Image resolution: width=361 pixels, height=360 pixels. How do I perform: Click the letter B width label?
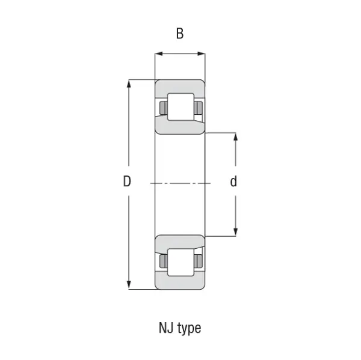[x=179, y=34]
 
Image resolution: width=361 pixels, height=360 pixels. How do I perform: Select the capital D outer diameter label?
[x=127, y=182]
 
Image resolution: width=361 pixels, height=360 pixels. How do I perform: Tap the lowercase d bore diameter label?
[x=233, y=182]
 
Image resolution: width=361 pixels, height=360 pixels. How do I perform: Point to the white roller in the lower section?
[x=180, y=261]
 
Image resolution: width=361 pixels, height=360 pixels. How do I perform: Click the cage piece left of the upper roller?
[x=162, y=108]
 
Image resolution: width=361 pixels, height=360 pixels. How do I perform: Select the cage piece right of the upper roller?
[x=199, y=108]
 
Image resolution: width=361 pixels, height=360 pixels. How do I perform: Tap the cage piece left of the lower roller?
[x=162, y=261]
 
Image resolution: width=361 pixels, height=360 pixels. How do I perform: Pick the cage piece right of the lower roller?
[x=199, y=261]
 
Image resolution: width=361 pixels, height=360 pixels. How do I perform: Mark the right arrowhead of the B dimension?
[x=202, y=55]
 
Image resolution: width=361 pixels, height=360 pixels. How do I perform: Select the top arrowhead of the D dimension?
[x=129, y=84]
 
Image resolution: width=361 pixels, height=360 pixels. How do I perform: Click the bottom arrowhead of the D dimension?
[x=129, y=285]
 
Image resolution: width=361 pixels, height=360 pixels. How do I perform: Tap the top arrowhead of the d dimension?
[x=235, y=136]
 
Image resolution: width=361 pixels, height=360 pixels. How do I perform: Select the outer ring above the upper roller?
[x=180, y=86]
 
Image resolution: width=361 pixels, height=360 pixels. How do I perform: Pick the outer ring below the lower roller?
[x=180, y=283]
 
